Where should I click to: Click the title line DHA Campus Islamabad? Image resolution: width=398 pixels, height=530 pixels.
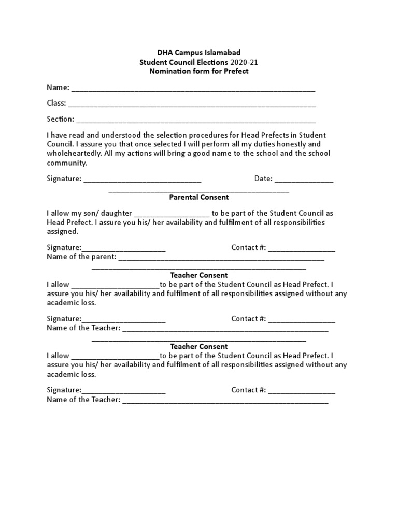pos(199,52)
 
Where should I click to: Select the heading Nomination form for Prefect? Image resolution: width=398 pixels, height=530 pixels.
pos(199,71)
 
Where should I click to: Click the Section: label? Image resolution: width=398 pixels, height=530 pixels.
pos(61,119)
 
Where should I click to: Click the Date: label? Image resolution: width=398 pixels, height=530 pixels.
pos(263,179)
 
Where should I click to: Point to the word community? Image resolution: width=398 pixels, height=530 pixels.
pos(67,163)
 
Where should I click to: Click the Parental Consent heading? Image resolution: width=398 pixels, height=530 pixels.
pos(199,197)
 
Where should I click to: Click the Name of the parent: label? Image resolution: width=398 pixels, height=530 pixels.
pos(82,257)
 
